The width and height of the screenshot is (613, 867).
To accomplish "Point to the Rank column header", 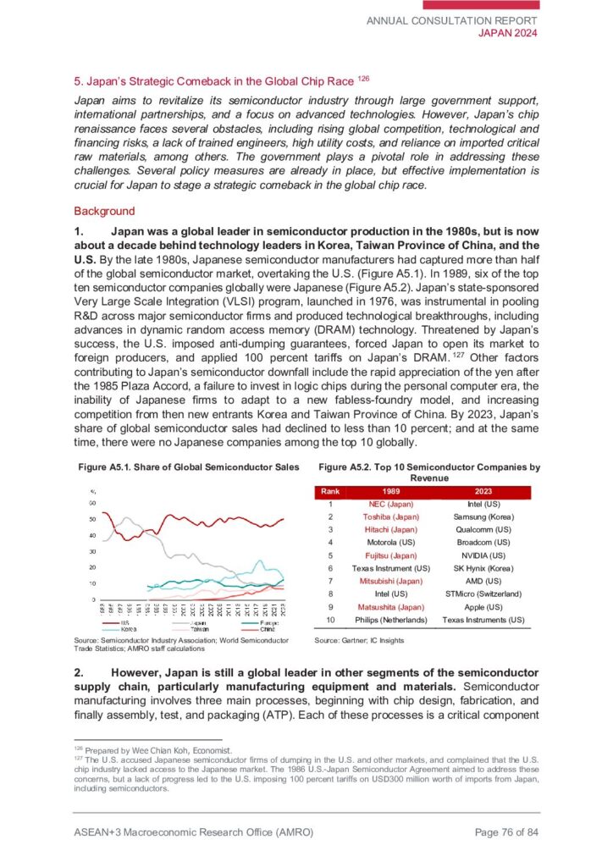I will click(331, 490).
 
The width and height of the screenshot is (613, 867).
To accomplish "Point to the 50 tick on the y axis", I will click(91, 519).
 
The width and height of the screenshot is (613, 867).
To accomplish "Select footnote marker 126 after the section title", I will click(364, 80).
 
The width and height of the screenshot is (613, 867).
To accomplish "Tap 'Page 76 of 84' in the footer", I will click(506, 833).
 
